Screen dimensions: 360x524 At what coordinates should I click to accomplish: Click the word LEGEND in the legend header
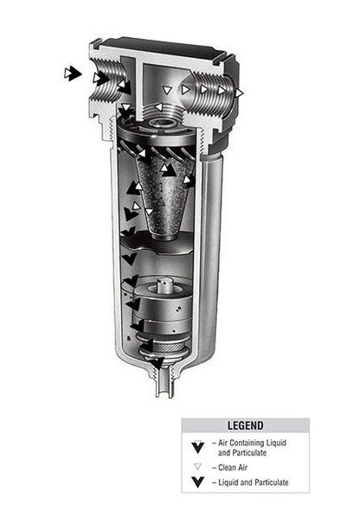[245, 425]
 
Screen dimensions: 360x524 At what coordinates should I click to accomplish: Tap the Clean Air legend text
[233, 468]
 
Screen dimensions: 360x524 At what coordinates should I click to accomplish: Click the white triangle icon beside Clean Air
[197, 467]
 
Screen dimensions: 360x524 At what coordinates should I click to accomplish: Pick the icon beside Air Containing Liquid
[198, 447]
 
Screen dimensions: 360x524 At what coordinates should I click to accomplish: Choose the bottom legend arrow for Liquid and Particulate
[198, 482]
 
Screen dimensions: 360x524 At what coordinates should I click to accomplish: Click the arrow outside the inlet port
[73, 73]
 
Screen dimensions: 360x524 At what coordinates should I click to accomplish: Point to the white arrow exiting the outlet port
[239, 93]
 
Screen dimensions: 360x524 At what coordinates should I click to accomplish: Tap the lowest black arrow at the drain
[157, 362]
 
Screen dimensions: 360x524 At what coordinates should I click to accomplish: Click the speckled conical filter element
[164, 197]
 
